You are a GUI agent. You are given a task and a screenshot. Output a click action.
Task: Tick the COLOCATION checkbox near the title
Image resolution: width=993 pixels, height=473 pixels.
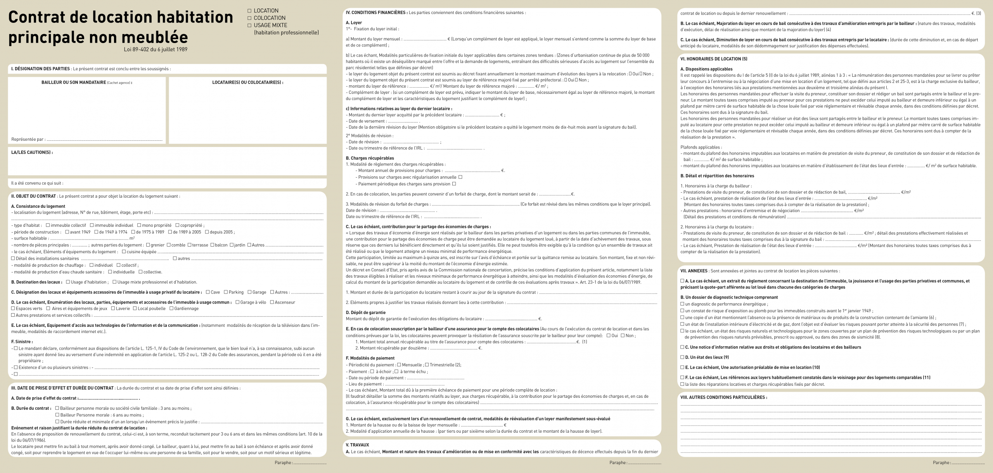tap(250, 18)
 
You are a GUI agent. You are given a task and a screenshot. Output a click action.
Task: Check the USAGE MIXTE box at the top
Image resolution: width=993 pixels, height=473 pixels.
tap(250, 25)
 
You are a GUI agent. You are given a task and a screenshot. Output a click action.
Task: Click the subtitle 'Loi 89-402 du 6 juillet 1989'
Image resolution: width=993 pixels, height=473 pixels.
tap(156, 49)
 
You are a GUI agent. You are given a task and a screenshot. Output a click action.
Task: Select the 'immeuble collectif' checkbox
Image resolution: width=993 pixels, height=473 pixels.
tap(48, 225)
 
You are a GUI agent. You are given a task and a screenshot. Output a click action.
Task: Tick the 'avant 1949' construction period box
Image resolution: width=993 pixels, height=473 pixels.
tap(67, 232)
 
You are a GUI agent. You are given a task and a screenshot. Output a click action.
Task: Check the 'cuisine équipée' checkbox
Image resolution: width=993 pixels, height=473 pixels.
tap(124, 252)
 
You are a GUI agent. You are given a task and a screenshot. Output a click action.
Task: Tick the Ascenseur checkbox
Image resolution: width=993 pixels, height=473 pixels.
tap(272, 302)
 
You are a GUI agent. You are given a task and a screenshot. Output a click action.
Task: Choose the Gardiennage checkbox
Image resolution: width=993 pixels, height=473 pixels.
tap(171, 309)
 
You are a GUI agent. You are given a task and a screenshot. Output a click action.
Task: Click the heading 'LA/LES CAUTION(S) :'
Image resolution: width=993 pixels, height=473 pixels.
tap(32, 152)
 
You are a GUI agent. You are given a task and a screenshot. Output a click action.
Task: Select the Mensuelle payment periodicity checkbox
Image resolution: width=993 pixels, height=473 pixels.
tap(399, 365)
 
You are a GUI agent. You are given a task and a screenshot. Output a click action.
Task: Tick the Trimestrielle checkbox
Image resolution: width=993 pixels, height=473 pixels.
tap(427, 365)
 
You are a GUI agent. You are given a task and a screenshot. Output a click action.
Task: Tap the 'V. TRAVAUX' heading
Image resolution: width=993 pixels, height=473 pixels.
tap(357, 445)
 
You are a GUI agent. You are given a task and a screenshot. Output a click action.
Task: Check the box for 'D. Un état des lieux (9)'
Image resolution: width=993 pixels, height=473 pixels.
tap(682, 357)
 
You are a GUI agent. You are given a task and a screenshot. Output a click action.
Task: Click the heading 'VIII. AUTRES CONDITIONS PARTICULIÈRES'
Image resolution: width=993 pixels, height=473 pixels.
tap(723, 397)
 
